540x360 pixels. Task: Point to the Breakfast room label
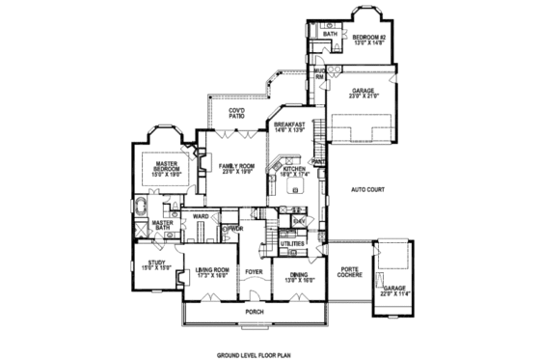pyautogui.click(x=289, y=127)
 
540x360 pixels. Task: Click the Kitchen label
pyautogui.click(x=294, y=172)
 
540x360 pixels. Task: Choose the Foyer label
pyautogui.click(x=254, y=273)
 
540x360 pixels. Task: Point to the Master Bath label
pyautogui.click(x=162, y=227)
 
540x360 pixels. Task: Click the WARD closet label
pyautogui.click(x=202, y=216)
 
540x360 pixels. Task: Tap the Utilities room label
pyautogui.click(x=293, y=244)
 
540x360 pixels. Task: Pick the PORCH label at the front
pyautogui.click(x=255, y=312)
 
